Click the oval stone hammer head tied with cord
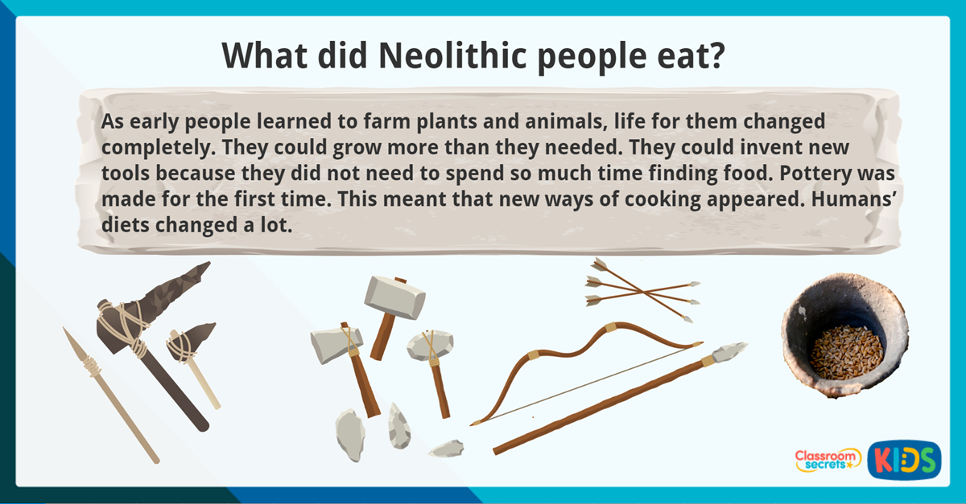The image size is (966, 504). pos(430,345)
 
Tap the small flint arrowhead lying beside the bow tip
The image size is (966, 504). pos(447,448)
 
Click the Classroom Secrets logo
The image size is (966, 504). pos(827,460)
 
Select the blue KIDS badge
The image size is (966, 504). pos(903,460)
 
